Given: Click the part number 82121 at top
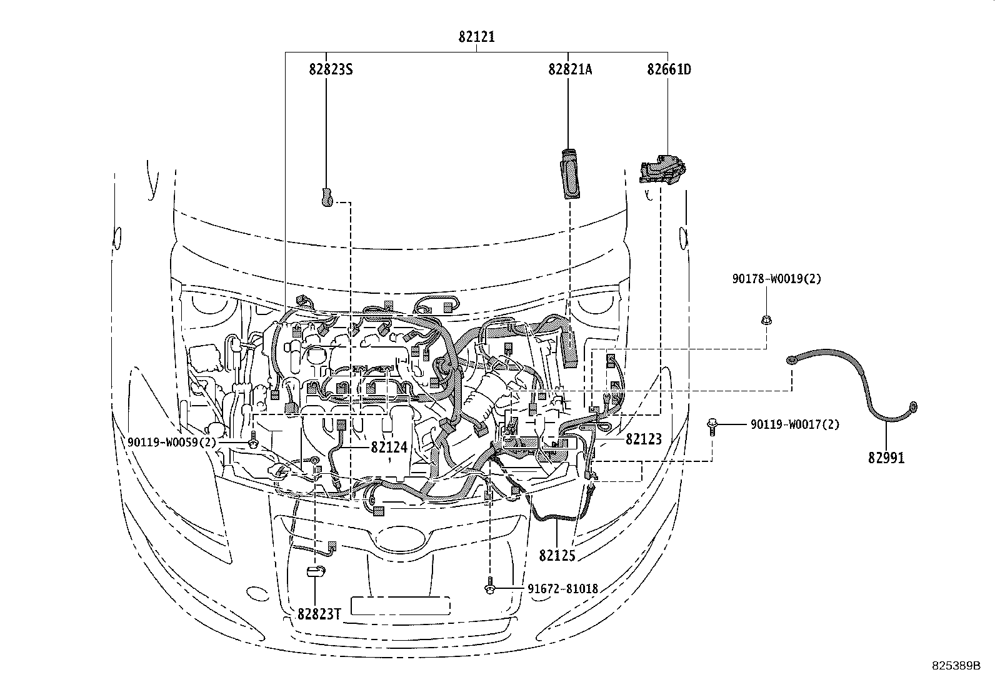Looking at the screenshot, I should pyautogui.click(x=476, y=37).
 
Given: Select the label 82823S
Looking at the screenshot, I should pyautogui.click(x=331, y=69).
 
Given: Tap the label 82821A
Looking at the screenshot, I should pyautogui.click(x=570, y=69).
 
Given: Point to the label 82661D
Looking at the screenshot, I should pyautogui.click(x=669, y=69).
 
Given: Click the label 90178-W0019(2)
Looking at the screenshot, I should pyautogui.click(x=777, y=279).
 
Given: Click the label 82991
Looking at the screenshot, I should pyautogui.click(x=886, y=458).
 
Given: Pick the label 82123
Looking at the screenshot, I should pyautogui.click(x=643, y=439).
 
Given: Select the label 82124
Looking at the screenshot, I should pyautogui.click(x=389, y=448).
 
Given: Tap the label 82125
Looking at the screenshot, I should pyautogui.click(x=557, y=555).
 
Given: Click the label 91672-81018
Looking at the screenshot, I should pyautogui.click(x=562, y=589).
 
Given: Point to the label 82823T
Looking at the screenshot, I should pyautogui.click(x=319, y=614).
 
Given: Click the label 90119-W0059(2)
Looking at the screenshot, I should pyautogui.click(x=172, y=443).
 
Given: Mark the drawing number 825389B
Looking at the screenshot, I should pyautogui.click(x=954, y=666).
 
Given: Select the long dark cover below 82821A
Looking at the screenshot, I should pyautogui.click(x=570, y=174).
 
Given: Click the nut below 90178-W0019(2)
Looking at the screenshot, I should pyautogui.click(x=766, y=321).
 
